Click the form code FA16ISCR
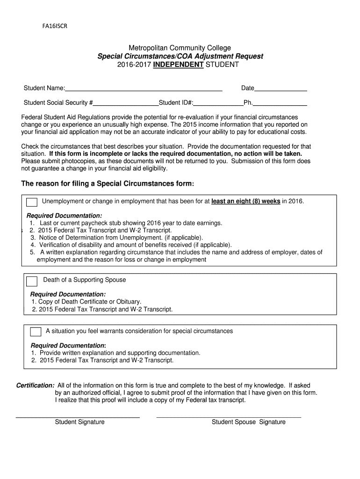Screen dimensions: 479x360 tap(52, 26)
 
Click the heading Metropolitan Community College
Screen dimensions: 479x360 tap(180, 48)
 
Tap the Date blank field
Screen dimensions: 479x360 tap(281, 88)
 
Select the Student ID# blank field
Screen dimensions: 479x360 tap(218, 103)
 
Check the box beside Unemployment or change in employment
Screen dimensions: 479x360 tap(32, 202)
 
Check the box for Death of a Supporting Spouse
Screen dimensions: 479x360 tap(32, 281)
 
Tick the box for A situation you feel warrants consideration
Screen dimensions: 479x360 tap(36, 332)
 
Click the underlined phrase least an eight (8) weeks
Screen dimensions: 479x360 tap(245, 202)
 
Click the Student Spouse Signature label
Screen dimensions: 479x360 tap(248, 422)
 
